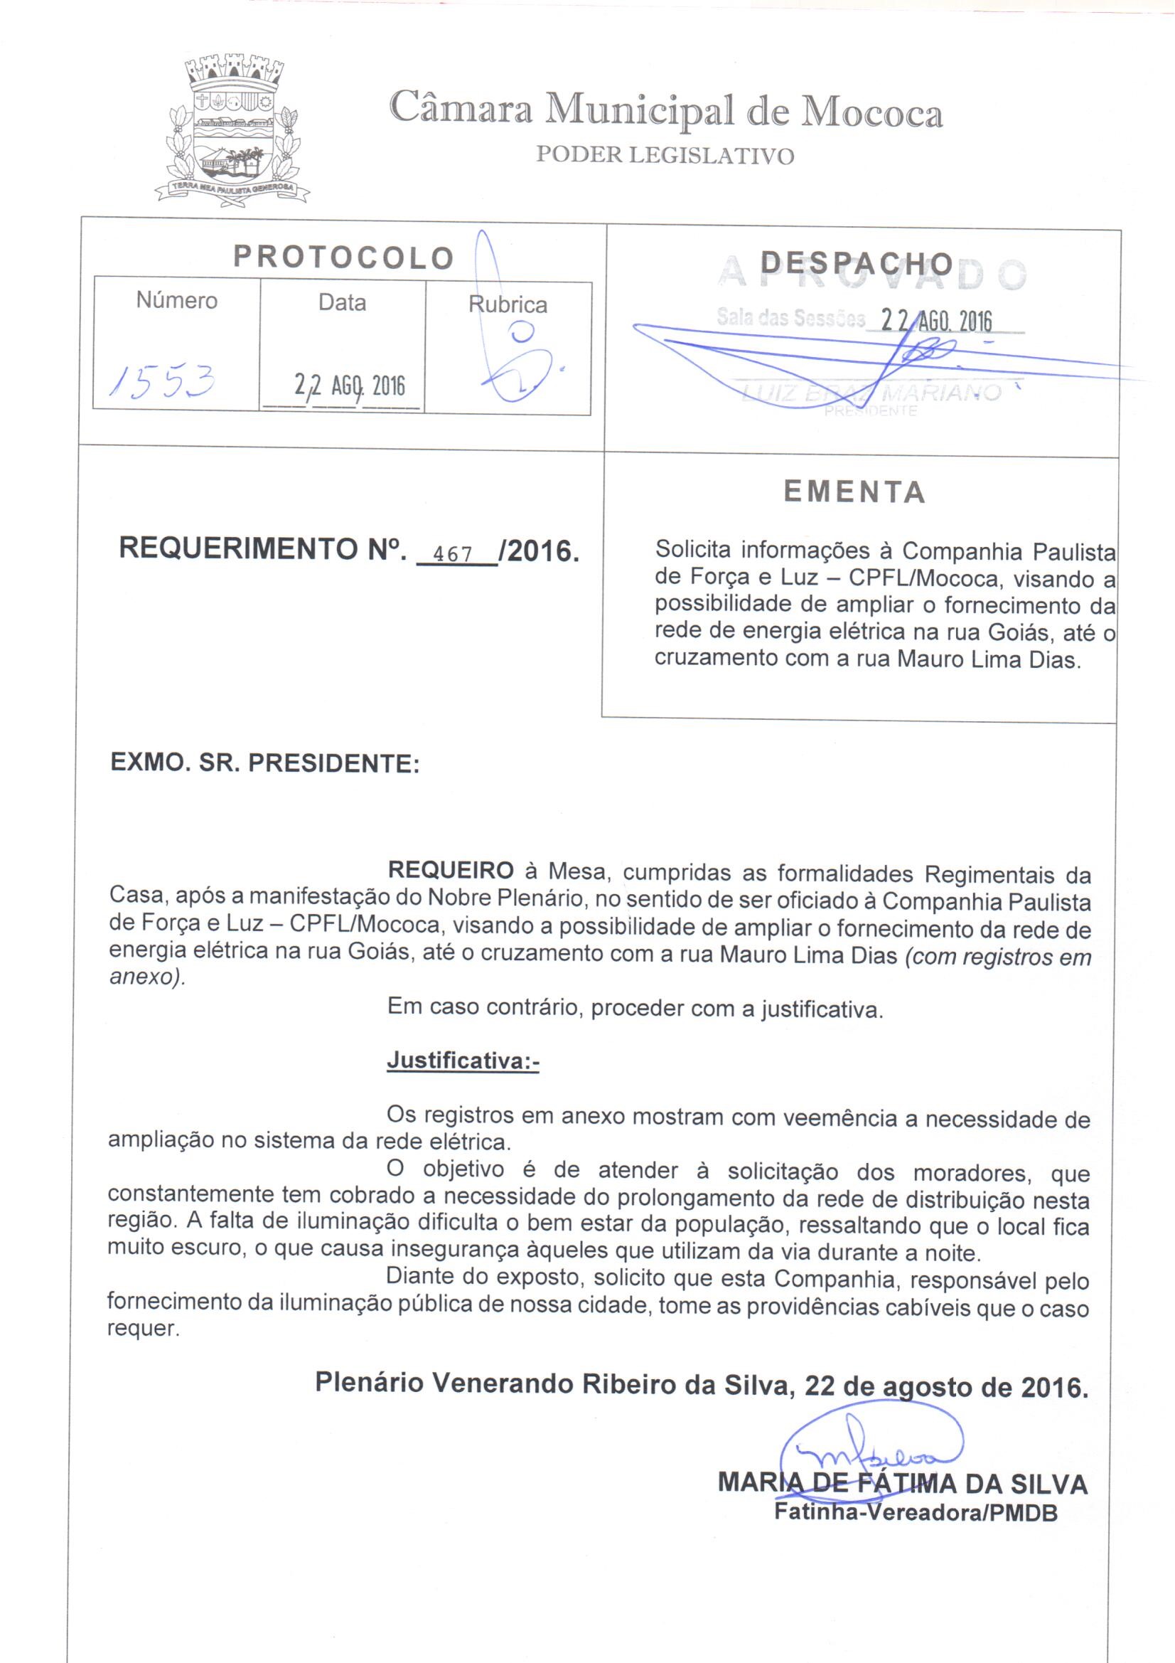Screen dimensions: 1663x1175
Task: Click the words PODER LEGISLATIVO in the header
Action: tap(665, 156)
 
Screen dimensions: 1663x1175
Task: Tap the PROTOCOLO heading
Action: tap(343, 257)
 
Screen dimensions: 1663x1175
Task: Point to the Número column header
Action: tap(177, 301)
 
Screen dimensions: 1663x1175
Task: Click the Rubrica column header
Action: tap(508, 304)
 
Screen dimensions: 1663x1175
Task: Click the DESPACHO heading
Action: tap(857, 264)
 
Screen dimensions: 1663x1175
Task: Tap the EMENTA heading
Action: tap(854, 492)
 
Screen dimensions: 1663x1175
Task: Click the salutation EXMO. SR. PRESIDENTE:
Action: tap(265, 763)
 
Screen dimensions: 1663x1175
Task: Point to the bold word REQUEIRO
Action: tap(451, 871)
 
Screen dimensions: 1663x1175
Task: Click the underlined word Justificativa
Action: tap(463, 1061)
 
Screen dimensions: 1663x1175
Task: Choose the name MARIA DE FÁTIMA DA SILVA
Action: tap(902, 1484)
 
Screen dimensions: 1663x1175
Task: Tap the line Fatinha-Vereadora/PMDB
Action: tap(916, 1512)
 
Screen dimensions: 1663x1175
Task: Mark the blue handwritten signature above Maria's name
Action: tap(872, 1443)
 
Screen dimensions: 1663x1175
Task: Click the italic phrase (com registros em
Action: tap(997, 957)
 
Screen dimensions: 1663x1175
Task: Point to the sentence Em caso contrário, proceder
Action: tap(635, 1008)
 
